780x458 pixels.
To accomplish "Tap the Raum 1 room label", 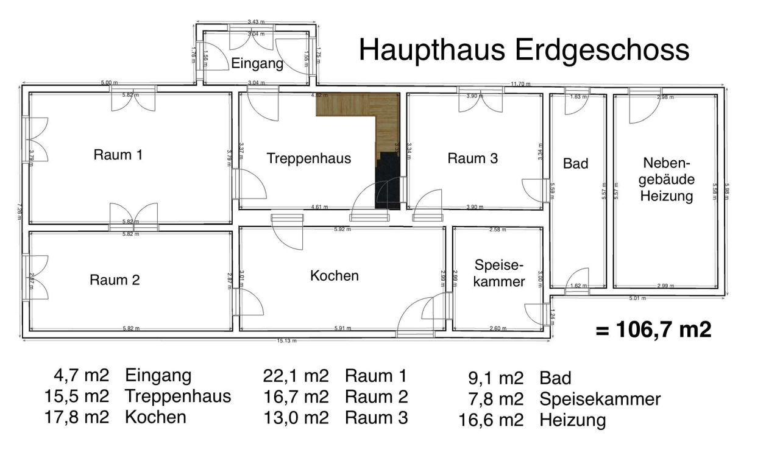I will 118,155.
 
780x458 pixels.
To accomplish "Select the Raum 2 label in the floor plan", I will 115,280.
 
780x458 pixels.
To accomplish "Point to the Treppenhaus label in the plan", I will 309,158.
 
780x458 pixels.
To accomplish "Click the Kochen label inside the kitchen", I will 335,275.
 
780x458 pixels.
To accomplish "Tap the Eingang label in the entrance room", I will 257,63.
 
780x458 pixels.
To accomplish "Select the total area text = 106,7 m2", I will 653,330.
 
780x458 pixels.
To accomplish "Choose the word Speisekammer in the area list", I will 600,399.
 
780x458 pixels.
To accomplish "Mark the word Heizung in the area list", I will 573,420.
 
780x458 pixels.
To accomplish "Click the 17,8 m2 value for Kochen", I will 77,417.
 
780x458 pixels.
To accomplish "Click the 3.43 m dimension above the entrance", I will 256,22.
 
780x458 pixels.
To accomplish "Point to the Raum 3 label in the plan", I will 472,158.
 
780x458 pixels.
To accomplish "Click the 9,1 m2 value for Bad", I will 493,378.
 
